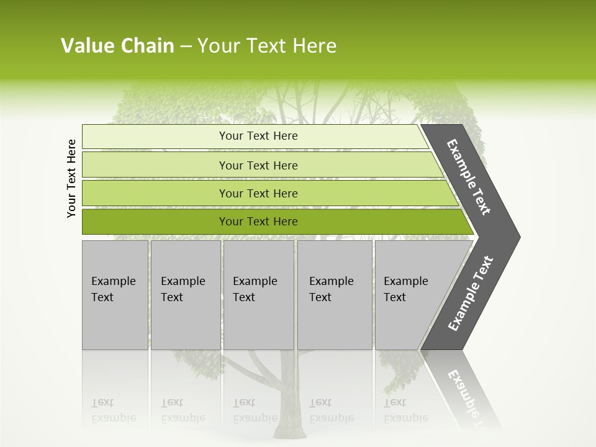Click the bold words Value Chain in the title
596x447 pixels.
pos(117,46)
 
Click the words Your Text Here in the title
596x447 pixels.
pos(267,46)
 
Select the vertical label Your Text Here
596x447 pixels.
pos(72,178)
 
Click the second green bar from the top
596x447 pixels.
pos(258,165)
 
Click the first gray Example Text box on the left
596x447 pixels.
pos(115,294)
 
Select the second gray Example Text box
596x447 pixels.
pos(185,294)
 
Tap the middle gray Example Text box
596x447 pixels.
pos(258,294)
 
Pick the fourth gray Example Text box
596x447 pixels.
pos(335,294)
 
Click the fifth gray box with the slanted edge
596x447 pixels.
pos(410,294)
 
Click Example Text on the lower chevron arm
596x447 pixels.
pos(470,294)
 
